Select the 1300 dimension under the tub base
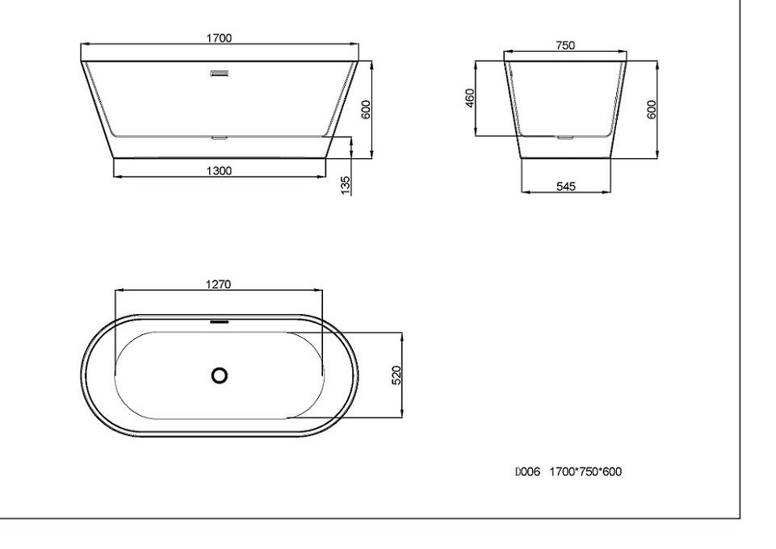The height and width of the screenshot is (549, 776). [219, 170]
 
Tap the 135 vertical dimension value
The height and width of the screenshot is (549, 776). [346, 184]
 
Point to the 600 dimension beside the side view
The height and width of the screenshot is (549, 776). [365, 109]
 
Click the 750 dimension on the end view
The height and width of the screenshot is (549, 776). [565, 46]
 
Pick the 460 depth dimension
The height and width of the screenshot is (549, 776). [469, 98]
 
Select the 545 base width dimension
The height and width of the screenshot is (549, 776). [566, 186]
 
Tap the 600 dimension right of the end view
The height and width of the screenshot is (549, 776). [652, 109]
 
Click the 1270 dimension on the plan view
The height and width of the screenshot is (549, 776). [219, 283]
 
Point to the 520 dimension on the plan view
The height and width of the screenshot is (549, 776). [396, 375]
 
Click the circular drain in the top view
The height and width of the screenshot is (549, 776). [219, 375]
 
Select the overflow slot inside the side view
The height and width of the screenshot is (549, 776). [219, 75]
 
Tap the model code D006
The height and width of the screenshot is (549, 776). [527, 472]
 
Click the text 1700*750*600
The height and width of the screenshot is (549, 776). [585, 472]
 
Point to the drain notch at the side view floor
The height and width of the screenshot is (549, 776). [219, 137]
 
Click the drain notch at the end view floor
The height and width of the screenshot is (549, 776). [565, 137]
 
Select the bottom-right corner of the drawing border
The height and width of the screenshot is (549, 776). [740, 517]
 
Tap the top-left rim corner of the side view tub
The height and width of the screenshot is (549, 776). [81, 60]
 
